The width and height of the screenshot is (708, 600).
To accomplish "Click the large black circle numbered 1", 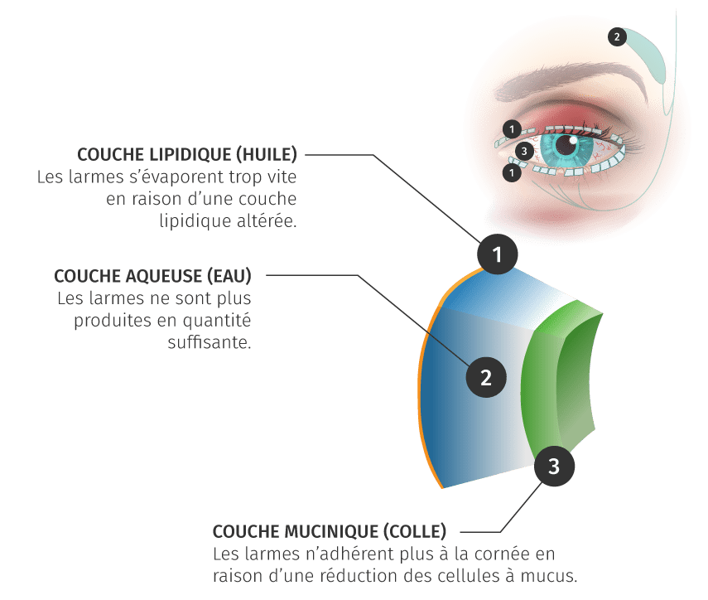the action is [x=497, y=254].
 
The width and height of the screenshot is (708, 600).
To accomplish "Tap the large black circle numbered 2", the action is [x=486, y=377].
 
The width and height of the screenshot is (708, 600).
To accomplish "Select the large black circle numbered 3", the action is [x=554, y=466].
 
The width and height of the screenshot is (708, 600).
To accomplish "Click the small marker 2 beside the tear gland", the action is [x=617, y=36].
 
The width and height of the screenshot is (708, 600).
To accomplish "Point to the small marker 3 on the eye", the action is [x=524, y=151].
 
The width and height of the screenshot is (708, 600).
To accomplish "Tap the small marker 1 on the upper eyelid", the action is [x=512, y=129].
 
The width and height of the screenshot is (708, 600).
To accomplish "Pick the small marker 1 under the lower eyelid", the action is [x=512, y=172].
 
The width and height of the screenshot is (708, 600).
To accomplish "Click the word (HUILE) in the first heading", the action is [x=267, y=154].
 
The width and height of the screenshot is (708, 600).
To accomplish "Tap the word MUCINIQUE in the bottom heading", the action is [x=330, y=531].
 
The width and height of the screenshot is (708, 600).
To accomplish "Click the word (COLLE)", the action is [x=415, y=532].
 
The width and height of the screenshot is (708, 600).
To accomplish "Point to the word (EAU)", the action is [x=229, y=276].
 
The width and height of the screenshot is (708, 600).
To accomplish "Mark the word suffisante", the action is [x=209, y=342].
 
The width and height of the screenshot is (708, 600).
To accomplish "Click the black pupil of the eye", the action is [x=565, y=144].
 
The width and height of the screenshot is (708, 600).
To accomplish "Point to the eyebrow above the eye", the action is [x=570, y=82].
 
